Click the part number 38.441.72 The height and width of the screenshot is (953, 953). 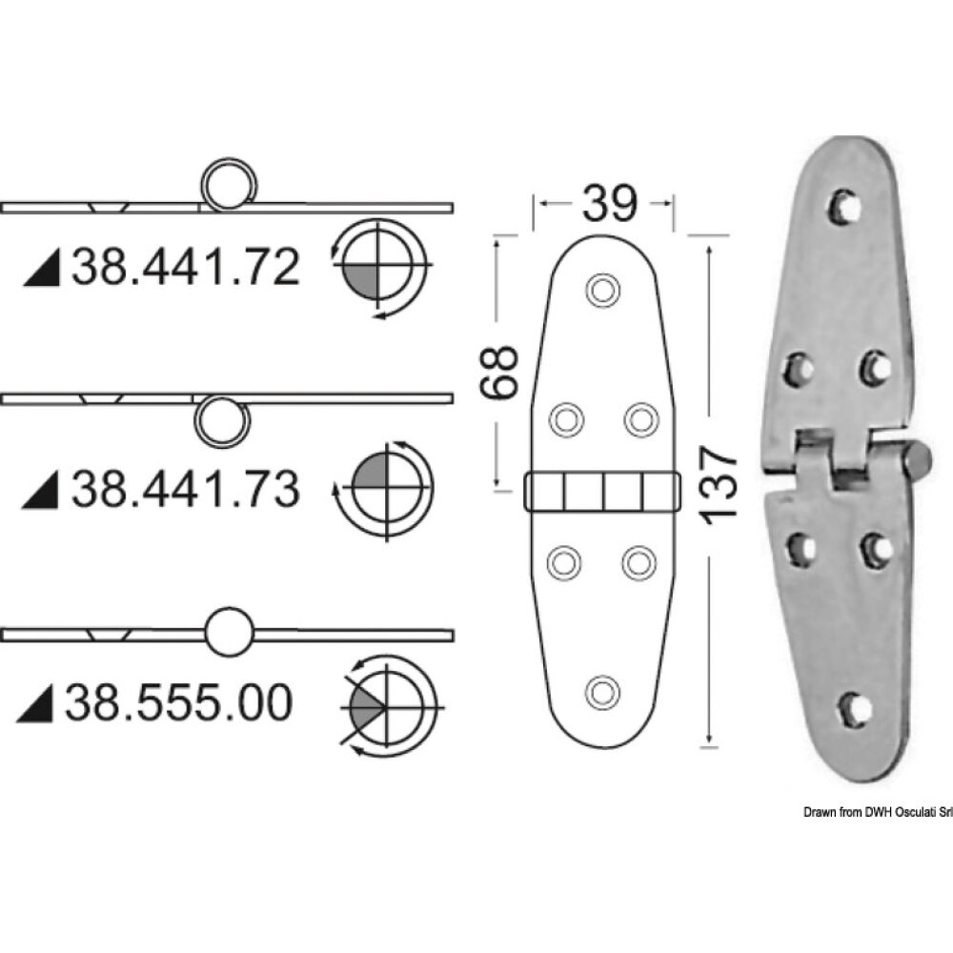coord(186,269)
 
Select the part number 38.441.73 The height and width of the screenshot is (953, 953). coord(186,489)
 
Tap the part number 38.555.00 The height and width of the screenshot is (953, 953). coord(179,704)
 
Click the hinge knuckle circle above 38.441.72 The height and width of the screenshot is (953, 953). coord(228,183)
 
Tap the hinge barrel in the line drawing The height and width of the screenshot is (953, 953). coord(603,492)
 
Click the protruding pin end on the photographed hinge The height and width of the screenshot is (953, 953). coord(917,462)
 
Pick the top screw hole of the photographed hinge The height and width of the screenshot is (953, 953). coord(842,207)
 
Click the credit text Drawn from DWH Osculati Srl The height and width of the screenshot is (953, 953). coord(863,811)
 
